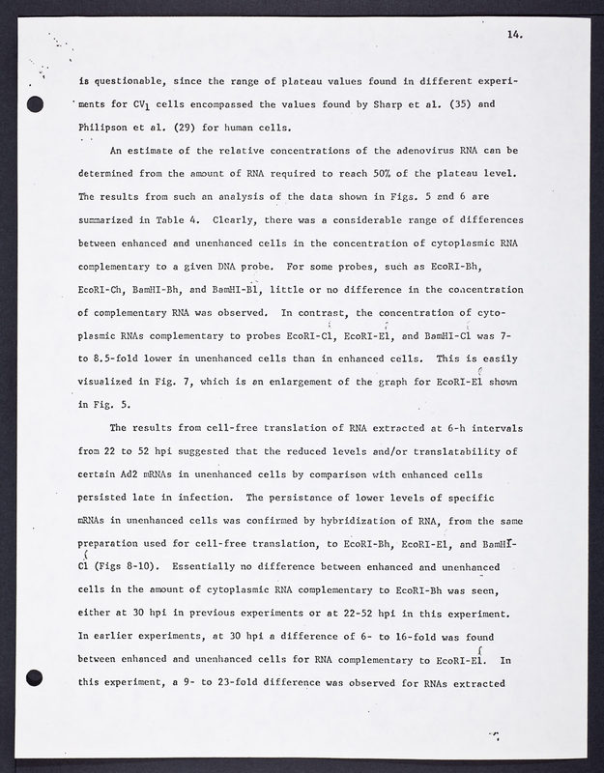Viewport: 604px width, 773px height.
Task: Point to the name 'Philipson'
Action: click(x=108, y=128)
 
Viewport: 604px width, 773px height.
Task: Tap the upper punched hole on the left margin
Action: click(x=36, y=104)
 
